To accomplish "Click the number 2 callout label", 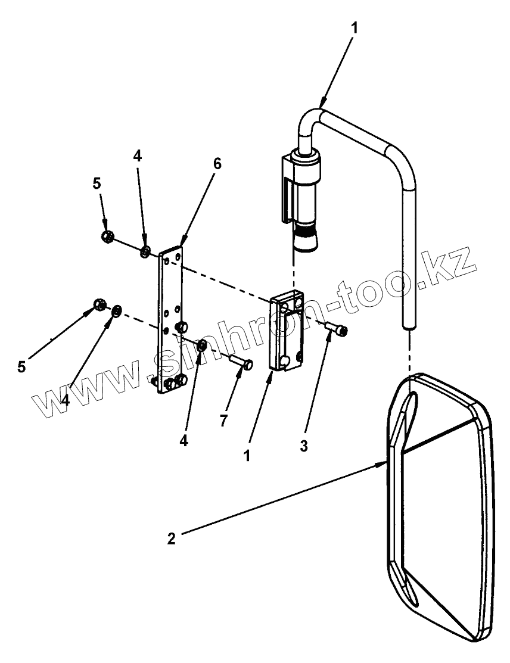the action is (x=172, y=539).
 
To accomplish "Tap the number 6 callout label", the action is (x=217, y=164).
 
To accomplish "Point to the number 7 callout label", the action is (x=223, y=421).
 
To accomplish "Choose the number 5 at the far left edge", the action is (x=21, y=366).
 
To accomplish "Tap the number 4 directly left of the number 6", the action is (x=138, y=156).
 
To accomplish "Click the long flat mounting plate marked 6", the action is (x=170, y=322).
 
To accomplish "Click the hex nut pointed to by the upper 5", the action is (x=108, y=237).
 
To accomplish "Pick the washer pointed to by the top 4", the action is (x=145, y=252).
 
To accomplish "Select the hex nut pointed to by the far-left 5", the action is (x=100, y=306).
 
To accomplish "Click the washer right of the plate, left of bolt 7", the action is (x=202, y=345).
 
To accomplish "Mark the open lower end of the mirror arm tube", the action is (x=408, y=325).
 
